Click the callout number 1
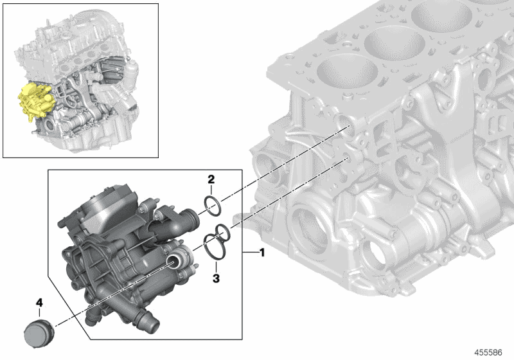261,253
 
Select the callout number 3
216,278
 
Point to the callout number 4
39,301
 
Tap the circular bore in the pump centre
175,260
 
